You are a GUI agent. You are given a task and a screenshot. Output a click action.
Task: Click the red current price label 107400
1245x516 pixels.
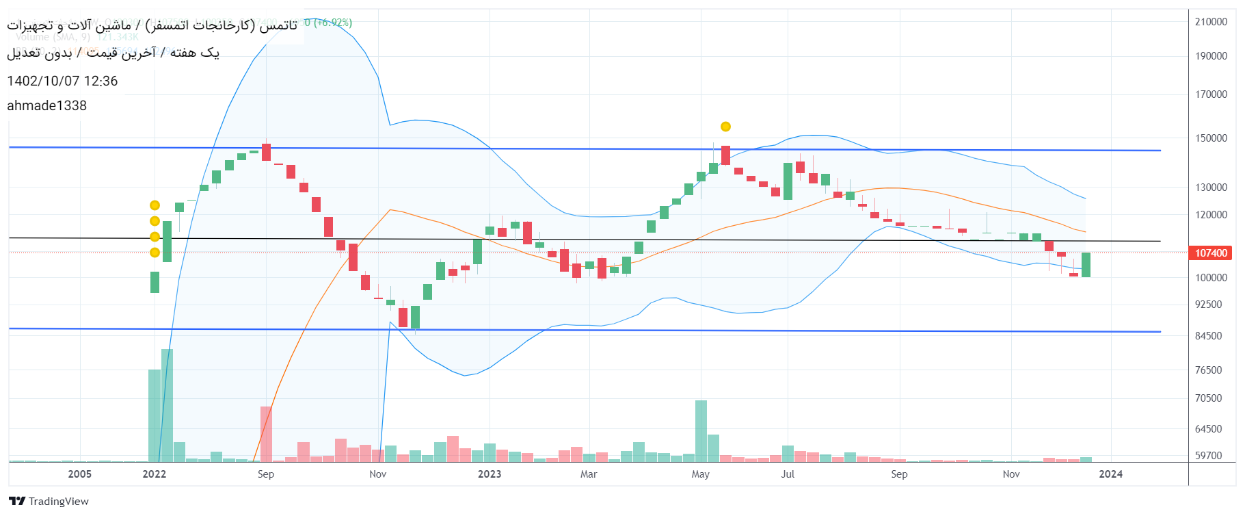(x=1211, y=253)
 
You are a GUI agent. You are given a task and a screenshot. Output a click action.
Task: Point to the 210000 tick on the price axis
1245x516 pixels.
(x=1211, y=22)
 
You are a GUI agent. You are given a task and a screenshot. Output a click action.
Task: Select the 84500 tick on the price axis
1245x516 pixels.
(x=1208, y=336)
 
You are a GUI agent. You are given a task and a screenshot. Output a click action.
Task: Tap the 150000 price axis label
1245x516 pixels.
(x=1211, y=138)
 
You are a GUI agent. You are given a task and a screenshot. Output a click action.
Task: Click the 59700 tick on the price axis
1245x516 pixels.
(x=1208, y=456)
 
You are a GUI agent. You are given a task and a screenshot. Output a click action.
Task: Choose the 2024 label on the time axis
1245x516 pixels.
(x=1110, y=474)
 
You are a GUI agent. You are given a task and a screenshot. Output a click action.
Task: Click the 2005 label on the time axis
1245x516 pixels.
(x=79, y=474)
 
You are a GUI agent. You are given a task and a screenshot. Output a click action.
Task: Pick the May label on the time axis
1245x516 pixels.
(x=701, y=474)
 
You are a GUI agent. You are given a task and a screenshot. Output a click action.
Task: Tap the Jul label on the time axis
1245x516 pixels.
(x=788, y=474)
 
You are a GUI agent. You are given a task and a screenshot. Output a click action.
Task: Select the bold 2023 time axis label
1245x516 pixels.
(x=490, y=474)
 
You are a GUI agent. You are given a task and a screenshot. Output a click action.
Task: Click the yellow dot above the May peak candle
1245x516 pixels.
(x=725, y=127)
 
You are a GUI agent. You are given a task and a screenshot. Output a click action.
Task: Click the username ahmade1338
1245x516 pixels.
(x=46, y=105)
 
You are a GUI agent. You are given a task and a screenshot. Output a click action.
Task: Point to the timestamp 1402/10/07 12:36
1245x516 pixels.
(x=62, y=81)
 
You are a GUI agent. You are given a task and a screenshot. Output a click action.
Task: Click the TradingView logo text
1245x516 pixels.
(x=58, y=502)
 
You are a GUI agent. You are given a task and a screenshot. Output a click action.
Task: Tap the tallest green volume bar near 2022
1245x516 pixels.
(x=167, y=405)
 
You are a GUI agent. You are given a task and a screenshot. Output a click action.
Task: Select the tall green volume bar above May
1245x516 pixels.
(x=701, y=431)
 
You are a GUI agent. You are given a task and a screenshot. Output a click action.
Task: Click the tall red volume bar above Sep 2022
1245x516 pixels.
(x=266, y=434)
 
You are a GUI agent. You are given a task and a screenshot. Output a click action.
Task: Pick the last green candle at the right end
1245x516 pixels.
(x=1086, y=265)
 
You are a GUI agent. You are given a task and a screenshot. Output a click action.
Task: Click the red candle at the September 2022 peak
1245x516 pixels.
(x=266, y=153)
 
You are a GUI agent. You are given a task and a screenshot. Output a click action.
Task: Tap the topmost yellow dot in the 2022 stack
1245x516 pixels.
(x=155, y=205)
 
